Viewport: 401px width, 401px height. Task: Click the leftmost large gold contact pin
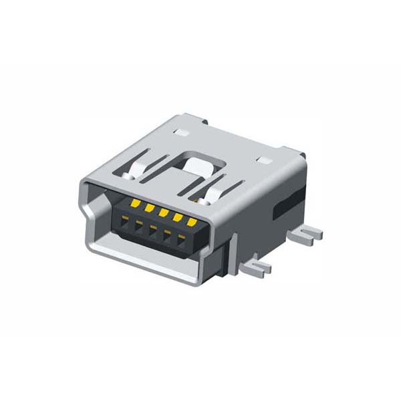click(134, 203)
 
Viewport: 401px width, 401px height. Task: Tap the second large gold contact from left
click(149, 208)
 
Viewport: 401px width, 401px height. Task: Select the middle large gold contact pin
click(163, 213)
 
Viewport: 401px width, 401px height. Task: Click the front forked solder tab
click(257, 267)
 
